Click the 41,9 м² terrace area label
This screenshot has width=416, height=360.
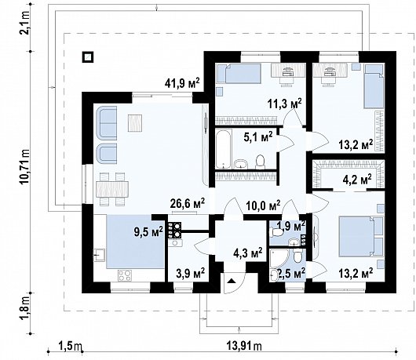(x=182, y=83)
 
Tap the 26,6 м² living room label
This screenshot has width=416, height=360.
(x=188, y=203)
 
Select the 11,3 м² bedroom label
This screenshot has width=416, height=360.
(x=284, y=104)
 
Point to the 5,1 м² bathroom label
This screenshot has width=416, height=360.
(x=258, y=136)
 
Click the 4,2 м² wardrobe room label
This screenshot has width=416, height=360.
(x=357, y=180)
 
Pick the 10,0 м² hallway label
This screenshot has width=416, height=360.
(x=263, y=205)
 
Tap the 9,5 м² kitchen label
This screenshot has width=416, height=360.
(x=148, y=232)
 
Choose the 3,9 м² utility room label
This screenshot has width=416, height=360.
(x=190, y=272)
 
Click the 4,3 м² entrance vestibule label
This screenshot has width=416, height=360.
(x=248, y=253)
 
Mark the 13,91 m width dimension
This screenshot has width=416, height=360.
(x=244, y=345)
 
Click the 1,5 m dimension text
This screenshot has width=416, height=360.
(x=70, y=345)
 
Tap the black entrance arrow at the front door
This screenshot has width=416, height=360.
(x=232, y=280)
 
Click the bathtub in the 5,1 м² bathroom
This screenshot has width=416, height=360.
(x=224, y=149)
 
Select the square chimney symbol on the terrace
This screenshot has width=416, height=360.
(x=88, y=56)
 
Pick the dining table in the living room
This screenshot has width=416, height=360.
(x=112, y=189)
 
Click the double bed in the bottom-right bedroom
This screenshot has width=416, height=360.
(x=361, y=236)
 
